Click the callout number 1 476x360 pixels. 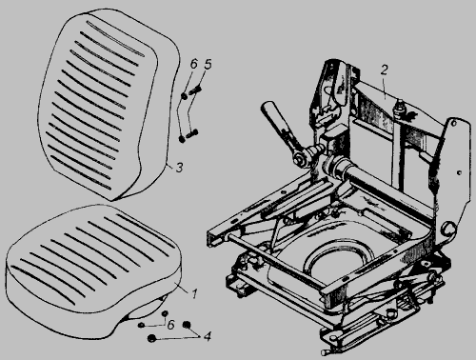194,293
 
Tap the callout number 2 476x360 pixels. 385,70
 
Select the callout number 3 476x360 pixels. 179,168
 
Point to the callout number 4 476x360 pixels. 207,336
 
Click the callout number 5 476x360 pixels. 208,64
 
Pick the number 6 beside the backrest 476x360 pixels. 194,64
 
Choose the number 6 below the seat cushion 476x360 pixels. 170,325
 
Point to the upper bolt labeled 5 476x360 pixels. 195,90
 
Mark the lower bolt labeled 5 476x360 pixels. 191,133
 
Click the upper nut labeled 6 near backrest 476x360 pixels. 184,95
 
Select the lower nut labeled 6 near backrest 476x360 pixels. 182,139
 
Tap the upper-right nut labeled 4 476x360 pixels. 187,325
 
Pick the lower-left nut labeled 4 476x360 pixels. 152,338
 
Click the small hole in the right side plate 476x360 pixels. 459,172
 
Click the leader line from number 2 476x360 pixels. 385,88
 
